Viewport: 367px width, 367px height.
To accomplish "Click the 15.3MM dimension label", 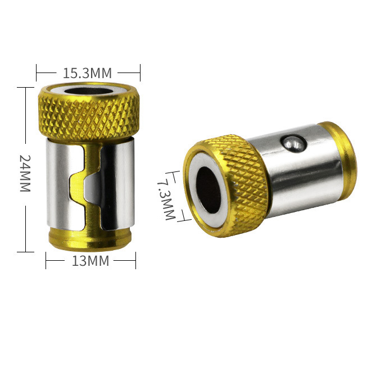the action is pyautogui.click(x=87, y=73).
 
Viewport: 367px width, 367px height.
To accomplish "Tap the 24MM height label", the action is pyautogui.click(x=25, y=173).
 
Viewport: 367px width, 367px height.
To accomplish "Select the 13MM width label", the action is pyautogui.click(x=90, y=261).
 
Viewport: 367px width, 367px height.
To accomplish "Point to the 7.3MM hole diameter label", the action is pyautogui.click(x=166, y=200).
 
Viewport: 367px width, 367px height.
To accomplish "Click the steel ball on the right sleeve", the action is pyautogui.click(x=293, y=144).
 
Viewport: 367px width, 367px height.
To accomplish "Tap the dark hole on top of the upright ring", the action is pyautogui.click(x=89, y=91).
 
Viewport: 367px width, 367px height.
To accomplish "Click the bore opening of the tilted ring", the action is pyautogui.click(x=209, y=190).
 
